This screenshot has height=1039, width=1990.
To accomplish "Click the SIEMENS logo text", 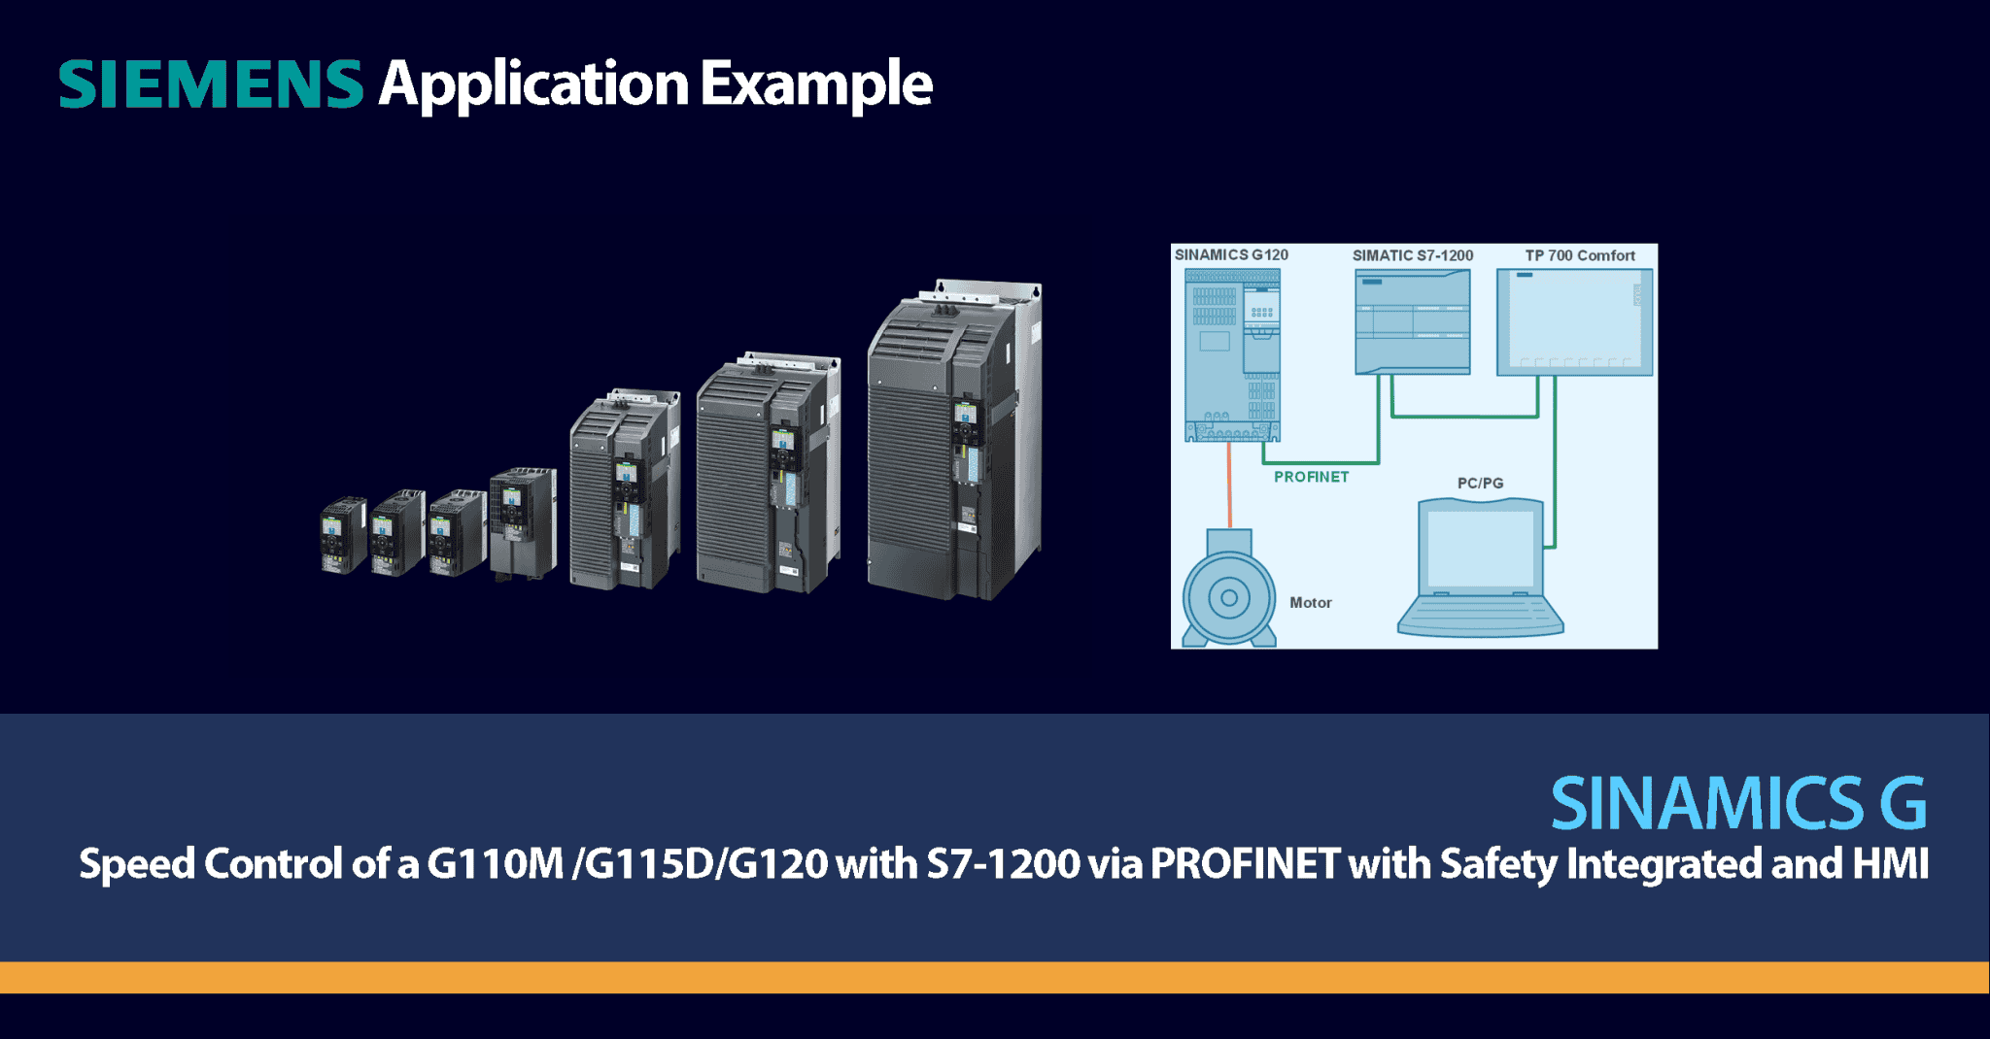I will (x=211, y=84).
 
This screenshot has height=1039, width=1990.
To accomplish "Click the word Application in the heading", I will (x=533, y=85).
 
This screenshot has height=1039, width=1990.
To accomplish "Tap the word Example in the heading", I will (x=816, y=85).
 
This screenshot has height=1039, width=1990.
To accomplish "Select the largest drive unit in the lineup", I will (x=954, y=442).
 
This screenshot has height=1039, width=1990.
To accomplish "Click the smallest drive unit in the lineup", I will (x=343, y=536).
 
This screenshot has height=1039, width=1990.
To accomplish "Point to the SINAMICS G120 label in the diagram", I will (x=1231, y=255).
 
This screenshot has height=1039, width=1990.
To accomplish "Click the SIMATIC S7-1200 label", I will (x=1413, y=255).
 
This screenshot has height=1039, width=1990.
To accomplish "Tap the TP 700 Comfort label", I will (x=1580, y=255).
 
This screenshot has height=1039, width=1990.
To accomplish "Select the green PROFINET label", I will (x=1311, y=477).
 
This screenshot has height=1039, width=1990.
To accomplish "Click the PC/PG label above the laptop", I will (x=1480, y=483).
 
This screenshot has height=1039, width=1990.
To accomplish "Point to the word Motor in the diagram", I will (x=1310, y=603).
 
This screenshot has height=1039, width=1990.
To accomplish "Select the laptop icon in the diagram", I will (x=1480, y=568).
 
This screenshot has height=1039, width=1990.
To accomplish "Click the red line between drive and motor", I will (x=1229, y=486).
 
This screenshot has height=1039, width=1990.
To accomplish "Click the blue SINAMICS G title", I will (x=1737, y=804).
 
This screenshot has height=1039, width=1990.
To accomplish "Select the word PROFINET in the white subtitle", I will (x=1245, y=864).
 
